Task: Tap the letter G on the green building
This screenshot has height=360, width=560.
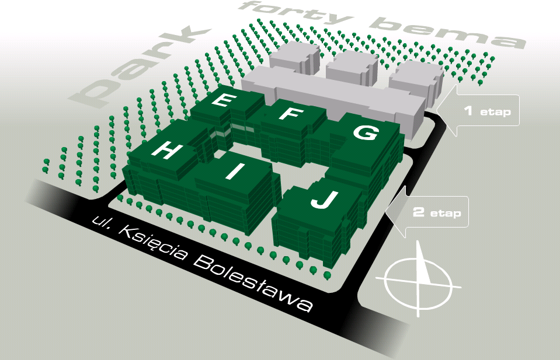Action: point(365,132)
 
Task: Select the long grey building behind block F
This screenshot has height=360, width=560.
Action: point(333,96)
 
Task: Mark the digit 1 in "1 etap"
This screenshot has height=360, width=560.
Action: point(468,110)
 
